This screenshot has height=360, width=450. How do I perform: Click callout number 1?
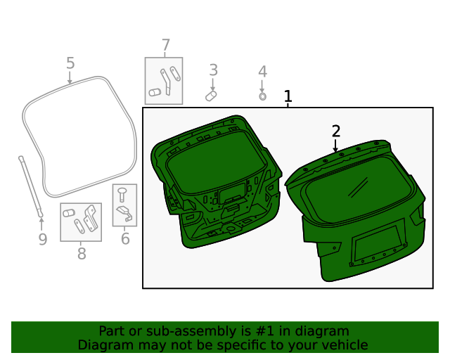(x=288, y=96)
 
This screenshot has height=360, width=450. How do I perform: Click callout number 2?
(x=336, y=131)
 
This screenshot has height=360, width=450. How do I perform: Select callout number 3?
(x=213, y=70)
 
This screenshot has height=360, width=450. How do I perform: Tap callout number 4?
(x=262, y=72)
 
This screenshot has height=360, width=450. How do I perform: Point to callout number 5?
(x=70, y=63)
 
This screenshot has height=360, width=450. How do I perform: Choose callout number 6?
(x=125, y=239)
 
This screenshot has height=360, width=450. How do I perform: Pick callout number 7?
(x=165, y=46)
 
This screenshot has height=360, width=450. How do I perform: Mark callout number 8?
(x=82, y=254)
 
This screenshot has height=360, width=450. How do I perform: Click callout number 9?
(x=42, y=240)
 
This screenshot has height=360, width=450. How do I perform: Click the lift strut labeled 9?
(x=31, y=185)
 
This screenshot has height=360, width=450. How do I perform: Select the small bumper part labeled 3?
(x=211, y=94)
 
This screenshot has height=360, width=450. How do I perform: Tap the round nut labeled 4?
(x=262, y=96)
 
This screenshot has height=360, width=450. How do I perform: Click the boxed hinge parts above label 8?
(x=81, y=222)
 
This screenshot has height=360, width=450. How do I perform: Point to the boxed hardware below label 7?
(x=164, y=81)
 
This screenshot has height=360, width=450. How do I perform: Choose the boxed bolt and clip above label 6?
(x=124, y=205)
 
